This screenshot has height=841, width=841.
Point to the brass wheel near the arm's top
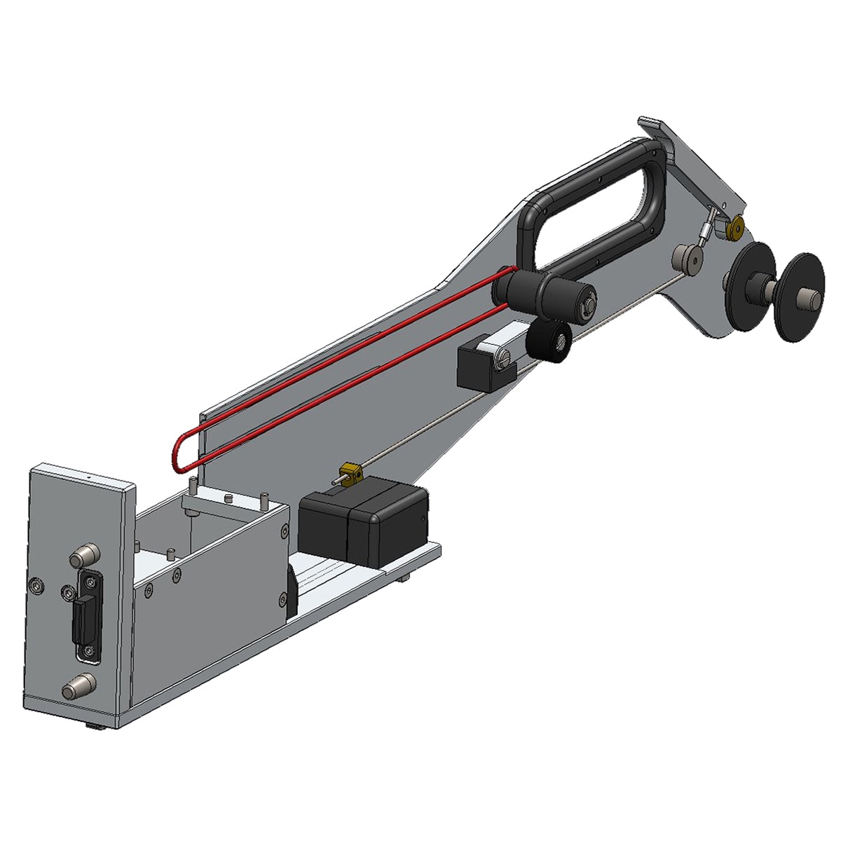click(736, 228)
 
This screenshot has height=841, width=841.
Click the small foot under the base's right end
click(404, 579)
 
